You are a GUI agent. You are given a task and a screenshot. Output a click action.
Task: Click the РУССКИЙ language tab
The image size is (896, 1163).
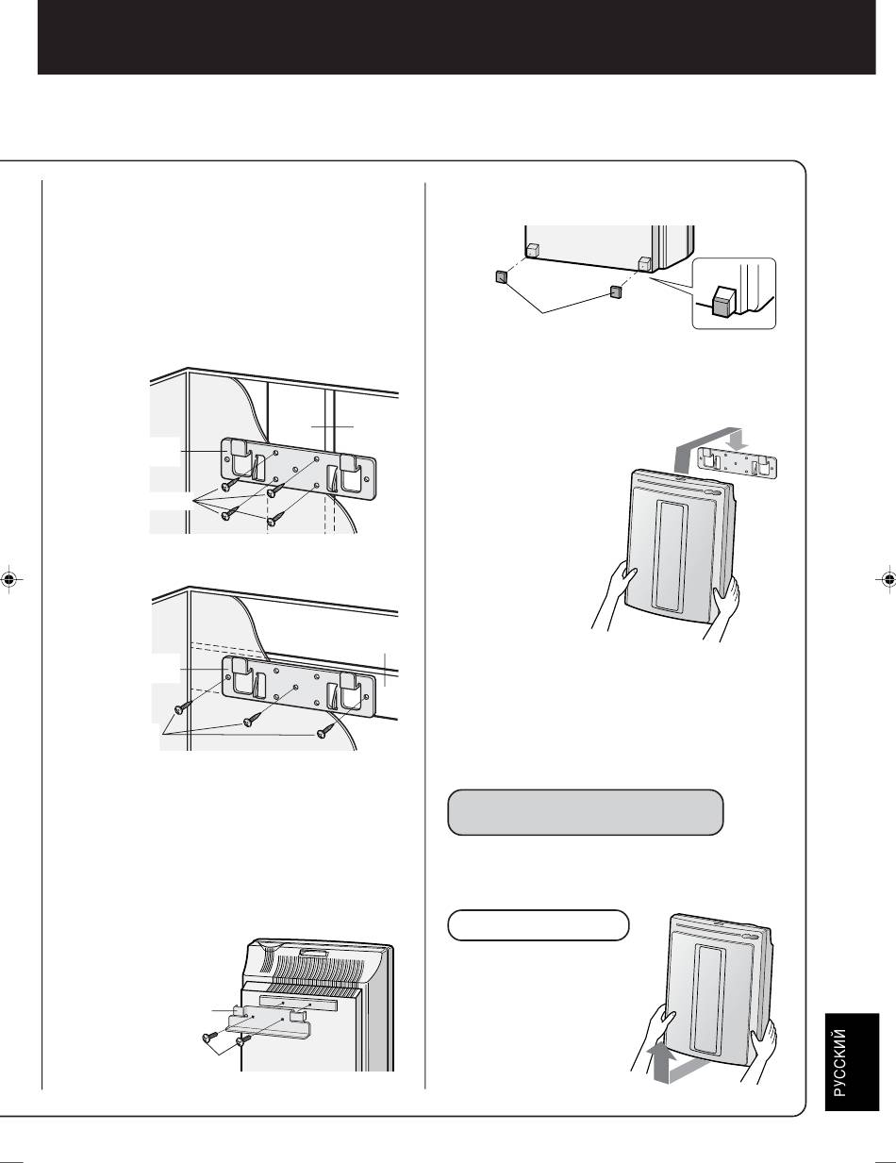tap(852, 1062)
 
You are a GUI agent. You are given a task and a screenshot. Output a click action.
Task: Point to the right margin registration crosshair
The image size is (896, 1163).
tap(888, 579)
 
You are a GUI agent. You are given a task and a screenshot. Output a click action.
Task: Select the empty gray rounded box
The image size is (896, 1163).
tap(585, 812)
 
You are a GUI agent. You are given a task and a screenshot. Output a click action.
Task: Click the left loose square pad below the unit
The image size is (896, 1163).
tap(501, 276)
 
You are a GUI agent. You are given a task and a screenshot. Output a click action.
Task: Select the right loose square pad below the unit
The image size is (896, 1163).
tap(616, 291)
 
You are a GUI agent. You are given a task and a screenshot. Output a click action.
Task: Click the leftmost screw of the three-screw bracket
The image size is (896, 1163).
tap(181, 708)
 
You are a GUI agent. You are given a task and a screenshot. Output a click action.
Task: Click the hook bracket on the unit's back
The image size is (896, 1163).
tap(271, 1022)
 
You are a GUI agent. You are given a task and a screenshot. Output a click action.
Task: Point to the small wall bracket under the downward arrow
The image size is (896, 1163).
tap(738, 463)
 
